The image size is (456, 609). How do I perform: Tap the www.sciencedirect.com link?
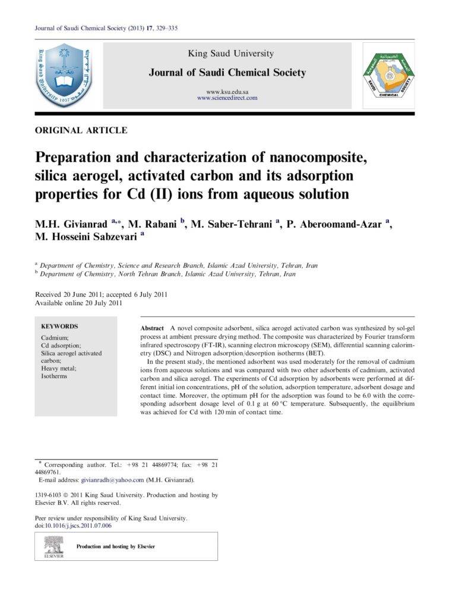click(x=227, y=98)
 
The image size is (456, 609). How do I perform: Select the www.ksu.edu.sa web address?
click(x=227, y=91)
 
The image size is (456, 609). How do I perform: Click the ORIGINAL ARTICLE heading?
click(x=81, y=130)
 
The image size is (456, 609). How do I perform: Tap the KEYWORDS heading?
click(x=59, y=327)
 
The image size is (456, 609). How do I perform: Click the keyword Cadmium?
click(x=55, y=338)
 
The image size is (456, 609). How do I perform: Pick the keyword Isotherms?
click(x=54, y=376)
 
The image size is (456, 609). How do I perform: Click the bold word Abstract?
click(x=152, y=329)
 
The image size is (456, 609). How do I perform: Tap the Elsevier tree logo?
click(x=54, y=545)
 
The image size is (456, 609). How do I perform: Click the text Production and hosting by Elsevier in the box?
click(x=116, y=547)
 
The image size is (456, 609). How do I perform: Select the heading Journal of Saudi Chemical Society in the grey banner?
click(x=227, y=73)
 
